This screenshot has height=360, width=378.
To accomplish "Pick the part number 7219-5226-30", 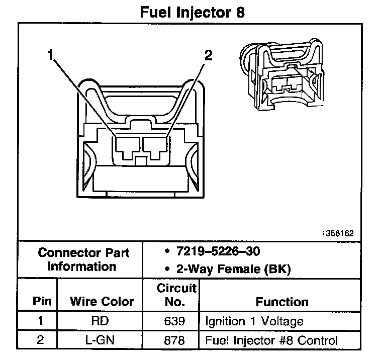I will [218, 251].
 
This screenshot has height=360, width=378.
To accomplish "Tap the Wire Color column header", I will [102, 302].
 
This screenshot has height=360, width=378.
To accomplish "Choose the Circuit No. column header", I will [176, 295].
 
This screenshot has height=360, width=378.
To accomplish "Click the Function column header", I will [282, 302].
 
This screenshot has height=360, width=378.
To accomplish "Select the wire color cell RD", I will [101, 321].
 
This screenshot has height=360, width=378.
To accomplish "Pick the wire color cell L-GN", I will [101, 340].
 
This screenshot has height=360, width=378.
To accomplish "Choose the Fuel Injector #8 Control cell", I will [271, 340].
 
